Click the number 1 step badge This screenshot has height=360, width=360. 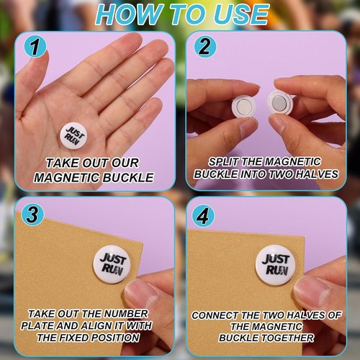click(x=35, y=47)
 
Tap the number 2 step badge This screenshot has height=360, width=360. click(x=204, y=47)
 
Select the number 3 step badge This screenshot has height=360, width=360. click(x=32, y=215)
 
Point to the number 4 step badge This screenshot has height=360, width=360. click(x=203, y=215)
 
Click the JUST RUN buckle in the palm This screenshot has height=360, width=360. click(x=73, y=136)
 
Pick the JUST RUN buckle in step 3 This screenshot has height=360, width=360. click(x=112, y=264)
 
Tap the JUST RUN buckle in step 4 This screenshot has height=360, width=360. click(x=275, y=265)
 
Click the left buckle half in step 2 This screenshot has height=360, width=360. click(x=243, y=106)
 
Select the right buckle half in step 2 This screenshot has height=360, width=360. click(x=280, y=102)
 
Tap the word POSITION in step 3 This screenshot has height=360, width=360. click(x=116, y=338)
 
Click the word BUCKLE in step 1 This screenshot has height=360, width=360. click(x=128, y=178)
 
